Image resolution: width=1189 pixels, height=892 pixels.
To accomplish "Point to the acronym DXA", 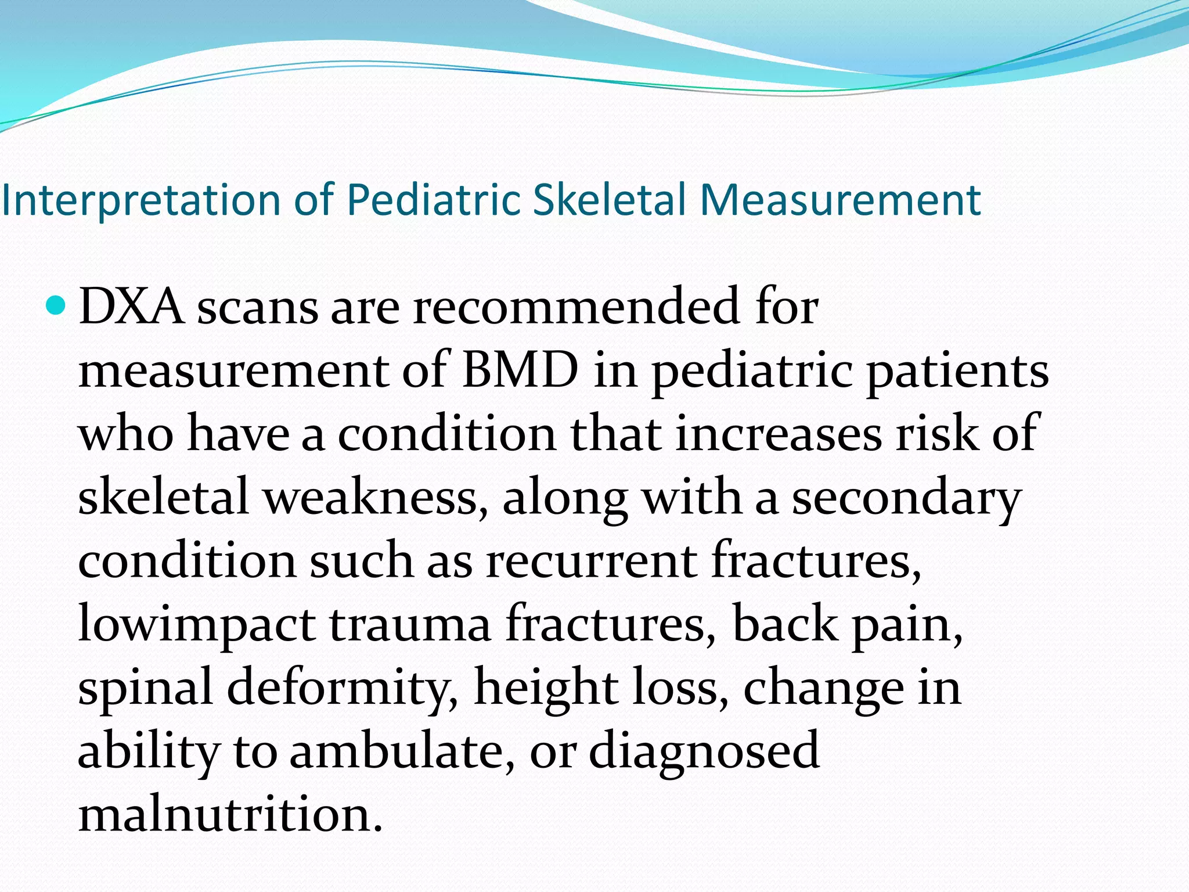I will point(131,307).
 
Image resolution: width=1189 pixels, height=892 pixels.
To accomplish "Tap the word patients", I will point(957,371).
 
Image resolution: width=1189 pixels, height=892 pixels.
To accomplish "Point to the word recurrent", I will point(592,560).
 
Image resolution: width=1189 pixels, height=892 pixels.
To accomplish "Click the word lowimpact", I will point(197,624).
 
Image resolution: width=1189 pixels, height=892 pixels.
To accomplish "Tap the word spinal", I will point(145,688).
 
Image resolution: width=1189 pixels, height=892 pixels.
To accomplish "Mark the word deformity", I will point(342,688).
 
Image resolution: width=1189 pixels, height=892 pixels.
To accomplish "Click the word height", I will point(546,688).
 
